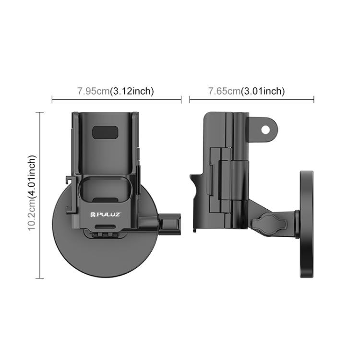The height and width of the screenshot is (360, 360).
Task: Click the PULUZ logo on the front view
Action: coord(107,210)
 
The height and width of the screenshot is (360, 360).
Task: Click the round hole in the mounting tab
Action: coord(264,129)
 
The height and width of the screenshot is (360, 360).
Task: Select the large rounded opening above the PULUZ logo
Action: coord(107,188)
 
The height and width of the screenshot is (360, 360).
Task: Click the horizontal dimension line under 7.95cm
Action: coord(116,100)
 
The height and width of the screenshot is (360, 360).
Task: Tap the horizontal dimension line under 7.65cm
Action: coord(252,100)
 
